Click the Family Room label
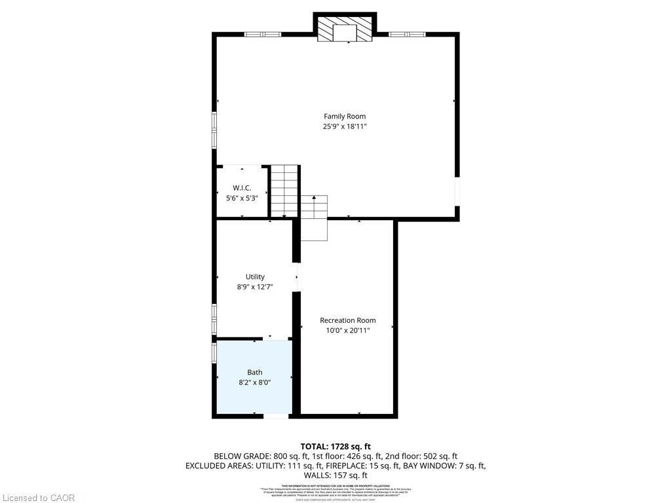(345, 117)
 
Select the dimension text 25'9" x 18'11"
(345, 127)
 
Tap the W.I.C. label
(242, 188)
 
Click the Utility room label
(255, 277)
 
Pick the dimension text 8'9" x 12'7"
(255, 287)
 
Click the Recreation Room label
(347, 320)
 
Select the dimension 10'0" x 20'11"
(347, 331)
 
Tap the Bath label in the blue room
(254, 373)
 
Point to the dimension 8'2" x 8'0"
(254, 382)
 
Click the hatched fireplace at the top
(345, 29)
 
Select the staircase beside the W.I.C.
(284, 190)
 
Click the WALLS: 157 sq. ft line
(335, 475)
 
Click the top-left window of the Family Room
(263, 34)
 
